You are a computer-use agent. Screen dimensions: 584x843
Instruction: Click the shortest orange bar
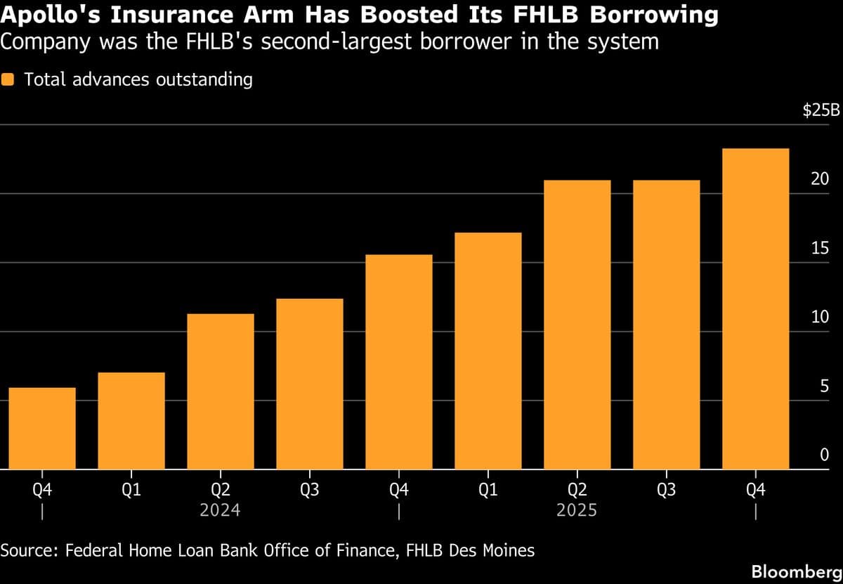coord(42,428)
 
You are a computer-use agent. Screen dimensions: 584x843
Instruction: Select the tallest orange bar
coord(755,309)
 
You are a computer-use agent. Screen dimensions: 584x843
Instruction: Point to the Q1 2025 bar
coord(488,351)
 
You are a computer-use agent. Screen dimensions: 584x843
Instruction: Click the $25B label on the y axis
coord(821,112)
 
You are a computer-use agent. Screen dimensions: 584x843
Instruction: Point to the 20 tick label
coord(820,180)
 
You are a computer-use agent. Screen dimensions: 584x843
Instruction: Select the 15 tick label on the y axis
coord(820,249)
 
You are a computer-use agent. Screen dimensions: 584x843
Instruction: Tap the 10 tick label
coord(820,318)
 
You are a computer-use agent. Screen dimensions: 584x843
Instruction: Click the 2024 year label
coord(220,510)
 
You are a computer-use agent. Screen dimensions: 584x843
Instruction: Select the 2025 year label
coord(577,510)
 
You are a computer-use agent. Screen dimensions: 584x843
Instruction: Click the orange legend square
coord(9,79)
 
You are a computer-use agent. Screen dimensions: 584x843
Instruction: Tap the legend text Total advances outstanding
coord(138,79)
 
